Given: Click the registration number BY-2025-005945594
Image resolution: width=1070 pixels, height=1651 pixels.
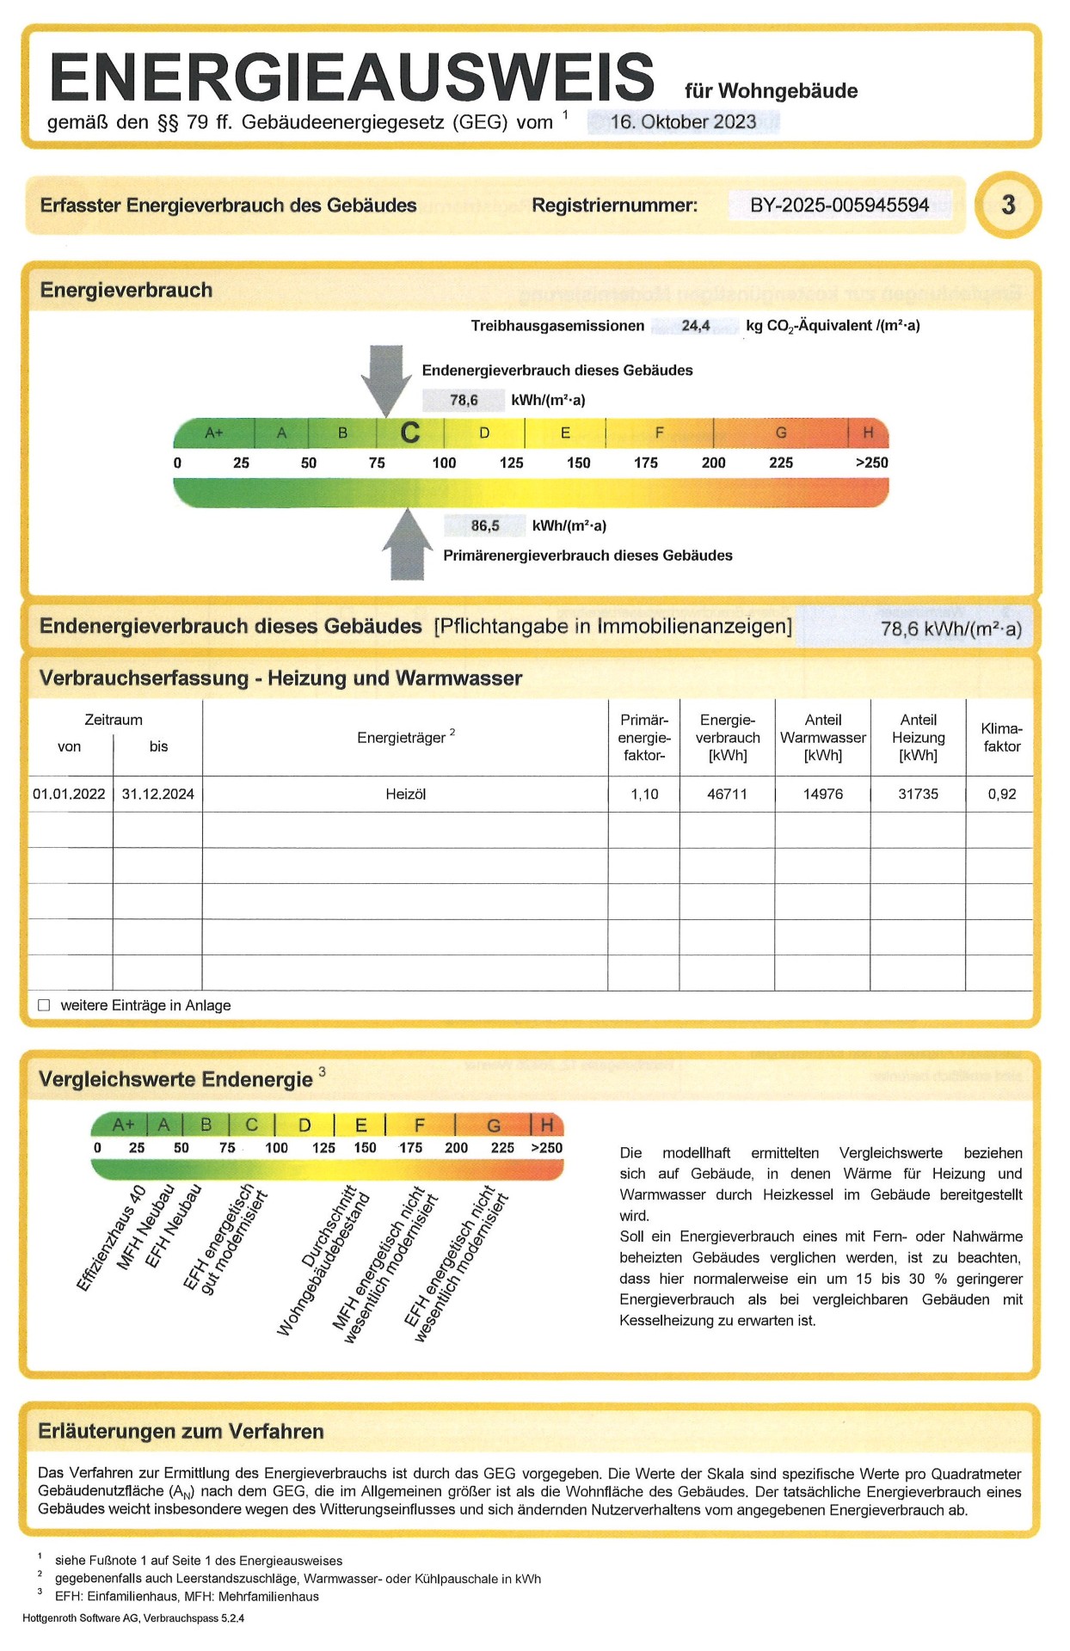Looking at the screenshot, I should coord(839,206).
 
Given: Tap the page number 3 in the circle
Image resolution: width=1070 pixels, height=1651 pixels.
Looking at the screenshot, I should coord(1008,205).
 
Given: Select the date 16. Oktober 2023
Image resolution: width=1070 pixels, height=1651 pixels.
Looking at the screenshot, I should coord(683,122).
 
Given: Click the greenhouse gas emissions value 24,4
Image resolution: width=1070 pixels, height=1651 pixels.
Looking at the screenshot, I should coord(695,326).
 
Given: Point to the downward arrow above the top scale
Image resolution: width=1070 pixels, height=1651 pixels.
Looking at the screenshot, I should coord(386,378).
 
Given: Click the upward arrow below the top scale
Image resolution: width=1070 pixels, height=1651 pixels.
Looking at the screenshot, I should coord(407,545).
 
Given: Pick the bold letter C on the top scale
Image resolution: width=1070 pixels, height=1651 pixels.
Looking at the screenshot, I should coord(410,433).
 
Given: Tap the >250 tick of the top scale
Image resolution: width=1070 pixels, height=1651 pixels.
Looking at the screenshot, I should coord(871,463).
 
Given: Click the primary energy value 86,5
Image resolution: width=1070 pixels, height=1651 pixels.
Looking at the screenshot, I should coord(485,525).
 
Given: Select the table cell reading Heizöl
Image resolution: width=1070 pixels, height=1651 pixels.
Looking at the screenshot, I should coord(405,795).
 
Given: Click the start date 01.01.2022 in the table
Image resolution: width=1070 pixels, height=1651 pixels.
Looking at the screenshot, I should coord(69,795).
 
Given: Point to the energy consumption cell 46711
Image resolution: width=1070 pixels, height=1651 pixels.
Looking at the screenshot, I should coord(727,795).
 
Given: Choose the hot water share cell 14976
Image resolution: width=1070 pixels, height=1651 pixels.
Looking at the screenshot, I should coord(822,795).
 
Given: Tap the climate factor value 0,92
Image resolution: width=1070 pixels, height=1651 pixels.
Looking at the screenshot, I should coord(1002,795).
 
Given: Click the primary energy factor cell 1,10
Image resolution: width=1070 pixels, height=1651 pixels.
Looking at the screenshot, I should coord(644,795).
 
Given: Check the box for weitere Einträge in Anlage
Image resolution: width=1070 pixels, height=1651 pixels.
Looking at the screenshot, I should coord(44,1005).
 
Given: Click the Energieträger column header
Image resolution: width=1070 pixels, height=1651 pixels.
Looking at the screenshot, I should coord(401,738).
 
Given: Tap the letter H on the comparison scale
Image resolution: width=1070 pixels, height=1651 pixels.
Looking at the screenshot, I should coord(547,1125).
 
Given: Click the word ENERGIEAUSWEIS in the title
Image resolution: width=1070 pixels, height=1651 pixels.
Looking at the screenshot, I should coord(353,77).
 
